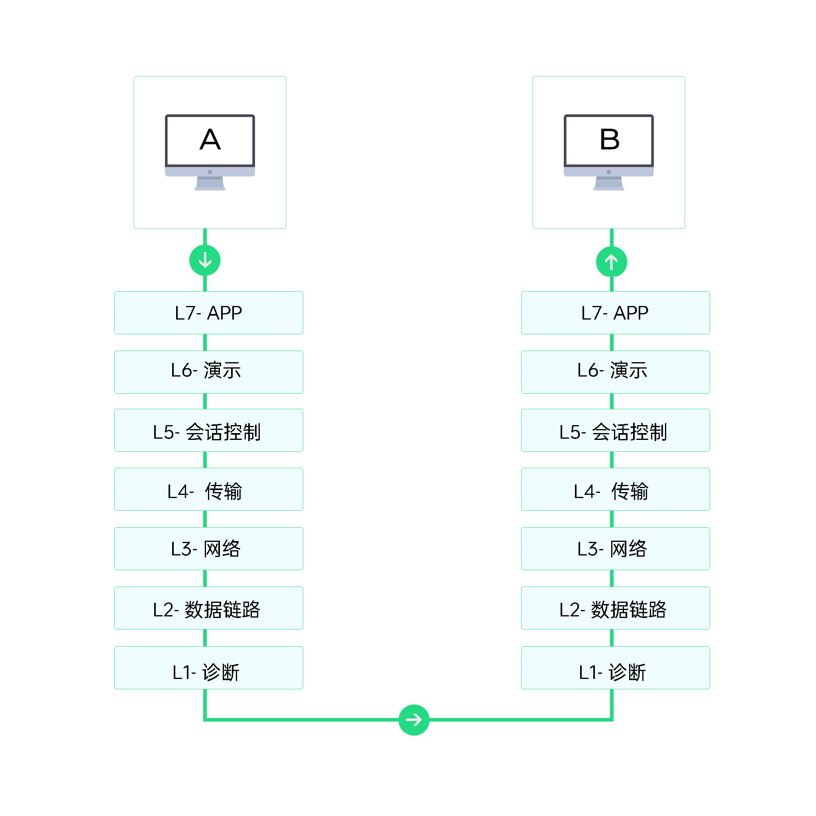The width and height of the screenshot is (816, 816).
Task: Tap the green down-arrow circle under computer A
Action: tap(205, 260)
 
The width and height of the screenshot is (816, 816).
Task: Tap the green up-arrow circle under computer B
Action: tap(611, 262)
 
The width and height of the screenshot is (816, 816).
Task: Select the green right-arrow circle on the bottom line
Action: tap(414, 720)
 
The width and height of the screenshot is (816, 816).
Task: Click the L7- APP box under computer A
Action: tap(209, 313)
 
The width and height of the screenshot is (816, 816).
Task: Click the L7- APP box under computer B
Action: tap(615, 313)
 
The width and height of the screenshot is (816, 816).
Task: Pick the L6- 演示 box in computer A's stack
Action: tap(209, 372)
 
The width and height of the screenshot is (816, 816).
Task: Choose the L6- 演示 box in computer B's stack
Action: tap(615, 372)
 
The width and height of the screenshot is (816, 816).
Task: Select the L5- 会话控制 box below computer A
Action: tap(209, 430)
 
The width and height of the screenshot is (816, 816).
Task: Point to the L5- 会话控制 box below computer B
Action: tap(615, 430)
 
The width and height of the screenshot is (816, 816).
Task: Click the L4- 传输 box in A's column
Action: tap(209, 489)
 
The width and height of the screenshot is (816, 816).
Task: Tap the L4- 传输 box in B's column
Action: tap(615, 489)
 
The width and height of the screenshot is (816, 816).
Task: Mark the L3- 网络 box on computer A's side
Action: tap(209, 548)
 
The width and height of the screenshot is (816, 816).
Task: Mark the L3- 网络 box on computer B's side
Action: tap(615, 548)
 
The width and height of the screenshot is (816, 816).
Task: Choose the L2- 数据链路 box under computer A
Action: tap(209, 608)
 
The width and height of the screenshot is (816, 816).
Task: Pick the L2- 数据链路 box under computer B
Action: tap(615, 608)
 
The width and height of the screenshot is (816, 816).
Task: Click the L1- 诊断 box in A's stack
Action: tap(209, 667)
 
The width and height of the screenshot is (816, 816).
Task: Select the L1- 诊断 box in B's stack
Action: tap(615, 667)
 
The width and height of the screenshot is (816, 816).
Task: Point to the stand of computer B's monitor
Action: tap(609, 183)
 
